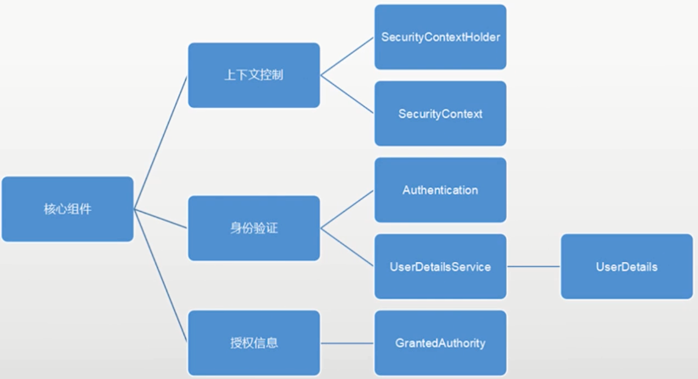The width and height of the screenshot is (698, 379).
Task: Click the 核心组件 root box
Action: (x=67, y=209)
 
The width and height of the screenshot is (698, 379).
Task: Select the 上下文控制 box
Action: (x=254, y=75)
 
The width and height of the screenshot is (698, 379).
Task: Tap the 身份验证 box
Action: (x=254, y=227)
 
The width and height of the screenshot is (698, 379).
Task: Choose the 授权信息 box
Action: (x=254, y=343)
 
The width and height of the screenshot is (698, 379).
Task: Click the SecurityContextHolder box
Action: (x=440, y=37)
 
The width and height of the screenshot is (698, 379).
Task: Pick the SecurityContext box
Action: (x=440, y=114)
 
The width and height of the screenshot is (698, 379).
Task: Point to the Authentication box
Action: (x=440, y=190)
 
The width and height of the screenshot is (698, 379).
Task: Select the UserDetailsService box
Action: (x=440, y=266)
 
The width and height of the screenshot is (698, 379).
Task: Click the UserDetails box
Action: (x=627, y=266)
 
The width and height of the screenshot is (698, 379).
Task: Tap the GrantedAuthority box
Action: (x=440, y=343)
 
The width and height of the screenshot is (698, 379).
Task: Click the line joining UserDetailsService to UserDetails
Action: (x=533, y=266)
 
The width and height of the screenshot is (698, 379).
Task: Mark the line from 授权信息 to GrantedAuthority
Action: (x=347, y=343)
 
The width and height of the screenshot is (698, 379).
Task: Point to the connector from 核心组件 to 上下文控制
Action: (x=160, y=142)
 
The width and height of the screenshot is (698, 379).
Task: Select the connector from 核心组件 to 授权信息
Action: (x=160, y=276)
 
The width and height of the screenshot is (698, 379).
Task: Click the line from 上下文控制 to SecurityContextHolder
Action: (x=347, y=56)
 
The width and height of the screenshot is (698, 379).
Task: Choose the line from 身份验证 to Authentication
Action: (x=347, y=209)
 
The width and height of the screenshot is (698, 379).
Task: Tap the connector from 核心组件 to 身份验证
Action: (x=160, y=218)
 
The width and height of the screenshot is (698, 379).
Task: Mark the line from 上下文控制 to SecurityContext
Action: (x=347, y=94)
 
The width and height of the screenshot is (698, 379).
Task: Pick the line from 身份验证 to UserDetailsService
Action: (x=347, y=247)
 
